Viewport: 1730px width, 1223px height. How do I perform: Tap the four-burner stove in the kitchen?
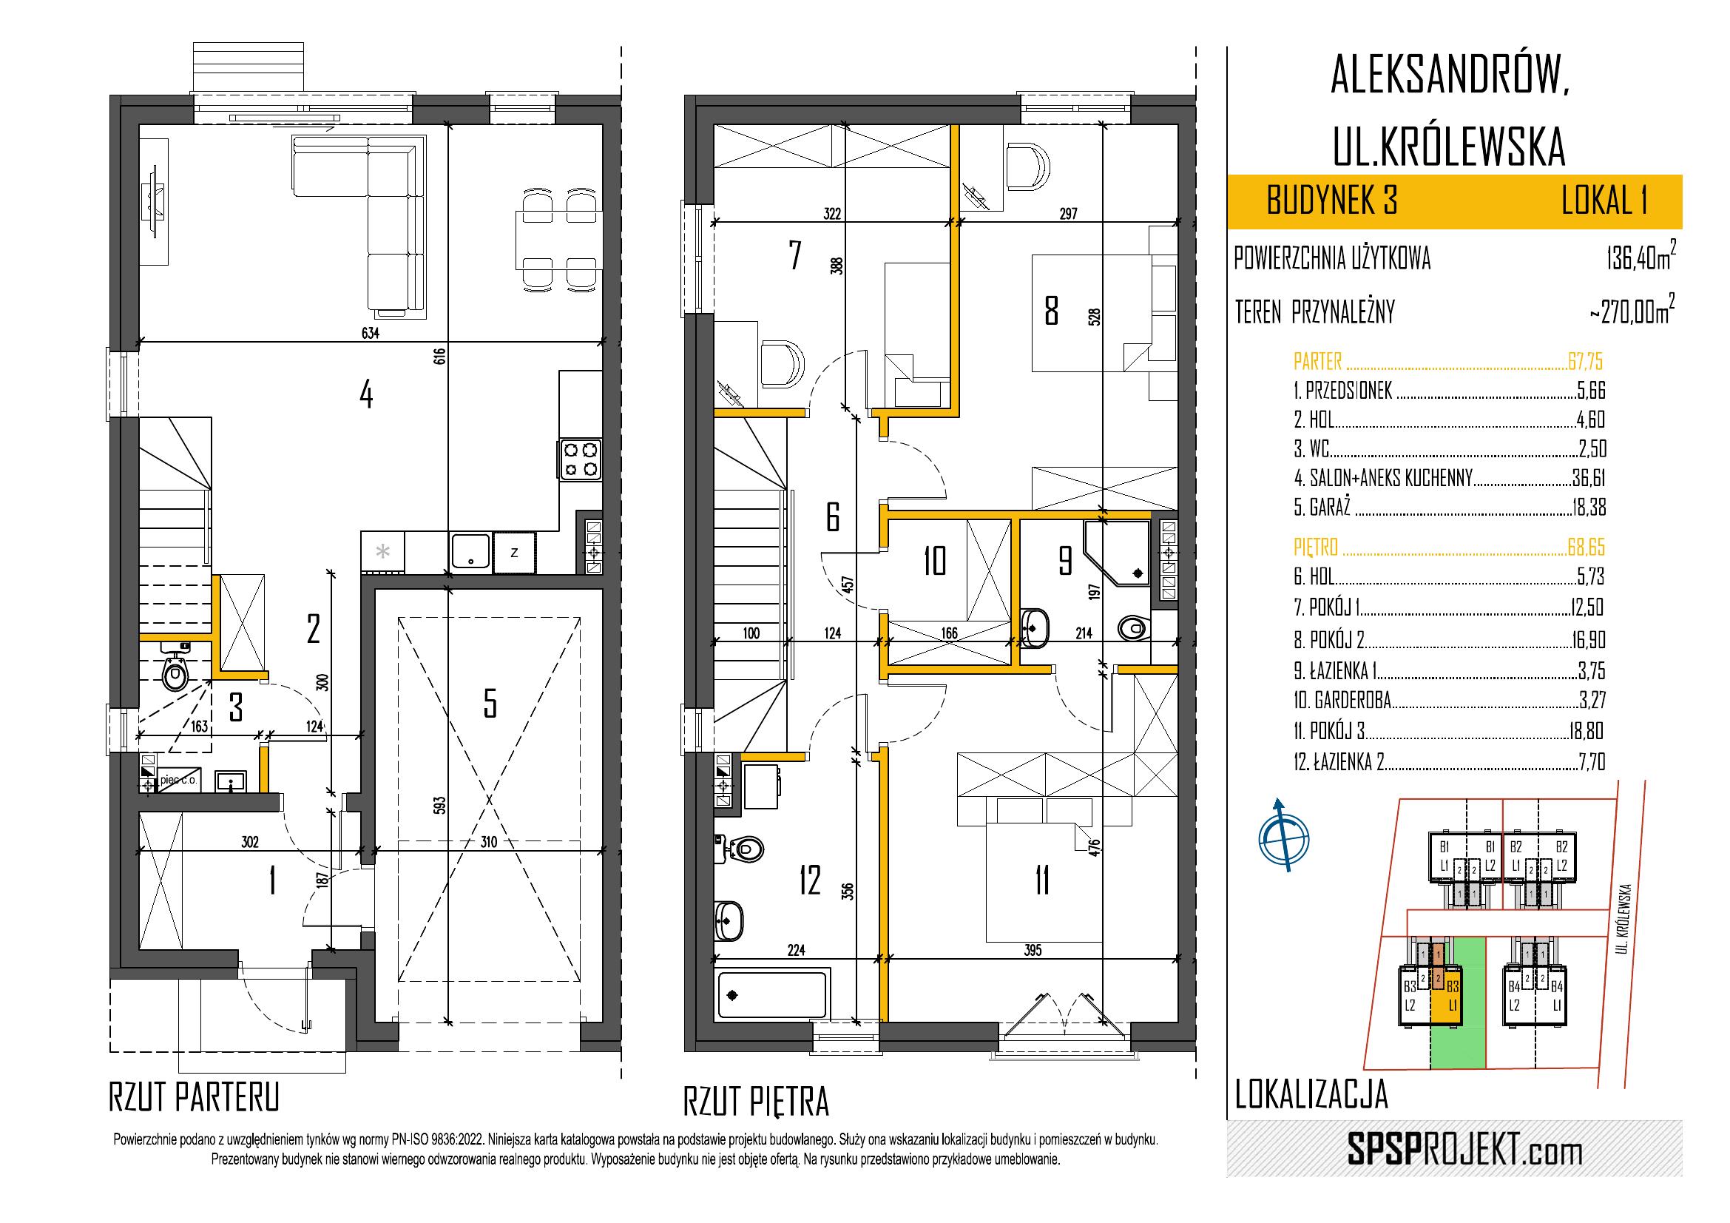pos(581,459)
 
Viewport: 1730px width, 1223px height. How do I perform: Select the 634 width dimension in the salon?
pos(370,333)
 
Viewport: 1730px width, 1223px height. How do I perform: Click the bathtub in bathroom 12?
pos(772,994)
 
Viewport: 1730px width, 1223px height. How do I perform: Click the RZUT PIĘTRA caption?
pos(756,1102)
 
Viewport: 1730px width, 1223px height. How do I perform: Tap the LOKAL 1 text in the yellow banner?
pos(1603,202)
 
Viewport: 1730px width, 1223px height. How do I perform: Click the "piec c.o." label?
pos(178,781)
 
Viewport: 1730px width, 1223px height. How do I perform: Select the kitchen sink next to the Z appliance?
pos(471,553)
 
